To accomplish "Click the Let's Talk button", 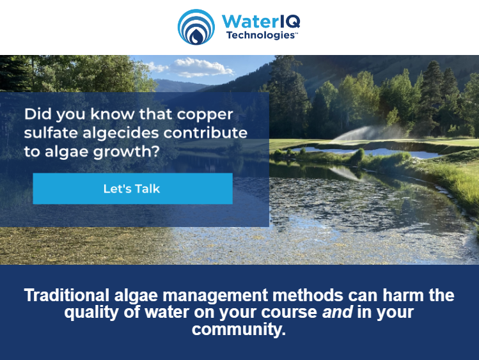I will pyautogui.click(x=132, y=189).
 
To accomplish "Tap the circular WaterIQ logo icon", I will pyautogui.click(x=196, y=27).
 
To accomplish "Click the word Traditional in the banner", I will pyautogui.click(x=67, y=295).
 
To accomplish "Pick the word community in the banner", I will pyautogui.click(x=236, y=331).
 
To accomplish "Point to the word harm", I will pyautogui.click(x=390, y=295).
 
